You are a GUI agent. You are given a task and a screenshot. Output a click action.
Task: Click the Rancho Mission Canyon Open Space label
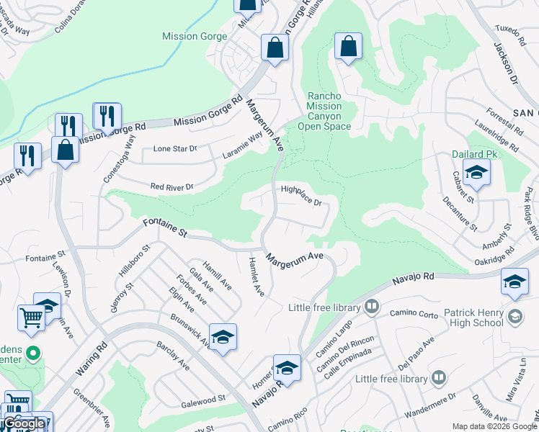click(x=329, y=111)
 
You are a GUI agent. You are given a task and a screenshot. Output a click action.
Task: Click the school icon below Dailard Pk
click(x=476, y=173)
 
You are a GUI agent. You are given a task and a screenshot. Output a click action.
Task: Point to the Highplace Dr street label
click(x=300, y=196)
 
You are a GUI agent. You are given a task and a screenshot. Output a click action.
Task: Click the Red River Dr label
click(x=172, y=187)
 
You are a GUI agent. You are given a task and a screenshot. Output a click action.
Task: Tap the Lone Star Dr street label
click(x=175, y=149)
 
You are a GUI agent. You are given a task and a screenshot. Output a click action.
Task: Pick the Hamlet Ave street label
click(x=257, y=276)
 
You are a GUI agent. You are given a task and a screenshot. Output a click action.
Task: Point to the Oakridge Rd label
click(x=496, y=255)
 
